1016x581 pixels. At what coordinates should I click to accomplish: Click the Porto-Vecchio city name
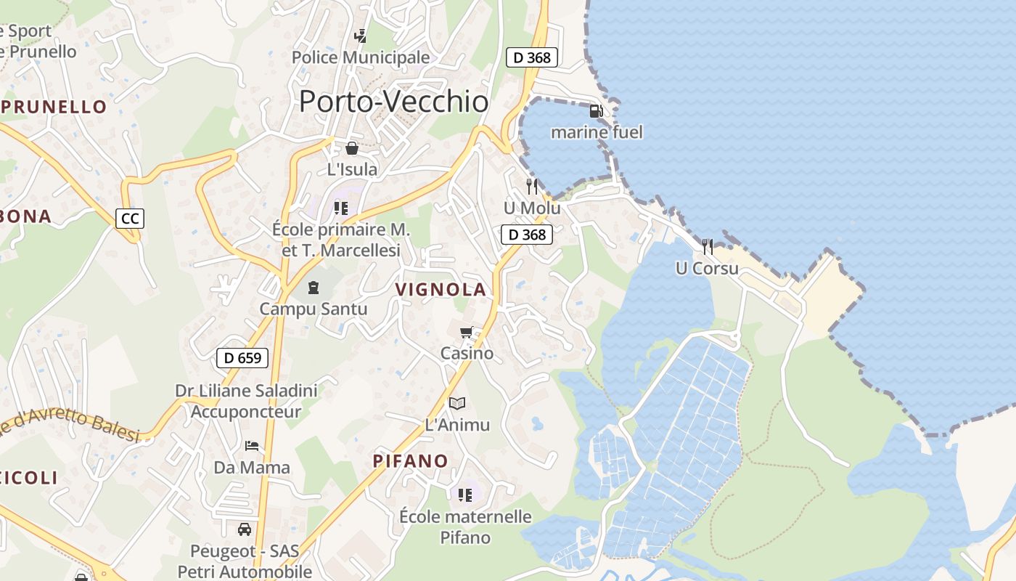(x=393, y=102)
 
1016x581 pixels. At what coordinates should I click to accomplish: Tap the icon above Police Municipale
(x=360, y=36)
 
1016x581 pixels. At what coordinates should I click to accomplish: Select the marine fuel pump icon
(x=597, y=111)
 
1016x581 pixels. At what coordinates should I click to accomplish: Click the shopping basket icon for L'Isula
(x=352, y=148)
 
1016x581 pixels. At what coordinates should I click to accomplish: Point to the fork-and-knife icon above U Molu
(x=532, y=187)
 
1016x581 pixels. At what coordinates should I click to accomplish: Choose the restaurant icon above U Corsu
(x=708, y=247)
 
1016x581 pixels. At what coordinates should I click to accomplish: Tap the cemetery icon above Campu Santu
(x=314, y=288)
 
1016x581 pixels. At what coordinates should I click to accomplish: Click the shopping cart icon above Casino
(x=467, y=333)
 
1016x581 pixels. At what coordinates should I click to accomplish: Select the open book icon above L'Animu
(x=456, y=403)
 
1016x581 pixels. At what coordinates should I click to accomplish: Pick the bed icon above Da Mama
(x=252, y=445)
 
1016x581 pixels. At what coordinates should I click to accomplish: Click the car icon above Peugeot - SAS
(x=245, y=529)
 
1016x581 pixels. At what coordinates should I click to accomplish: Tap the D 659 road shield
(x=242, y=357)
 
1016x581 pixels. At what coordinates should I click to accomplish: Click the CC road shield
(x=130, y=218)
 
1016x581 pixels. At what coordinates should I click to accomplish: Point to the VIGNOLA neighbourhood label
(x=441, y=290)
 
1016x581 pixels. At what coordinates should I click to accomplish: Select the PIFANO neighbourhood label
(x=411, y=461)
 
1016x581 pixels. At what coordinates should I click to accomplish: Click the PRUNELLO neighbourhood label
(x=54, y=107)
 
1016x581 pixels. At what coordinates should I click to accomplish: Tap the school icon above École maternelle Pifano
(x=465, y=495)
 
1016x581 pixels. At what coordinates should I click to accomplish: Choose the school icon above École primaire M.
(x=341, y=209)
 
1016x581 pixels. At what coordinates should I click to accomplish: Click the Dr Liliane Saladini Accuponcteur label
(x=246, y=402)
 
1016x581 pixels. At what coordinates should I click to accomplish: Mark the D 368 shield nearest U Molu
(x=527, y=235)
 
